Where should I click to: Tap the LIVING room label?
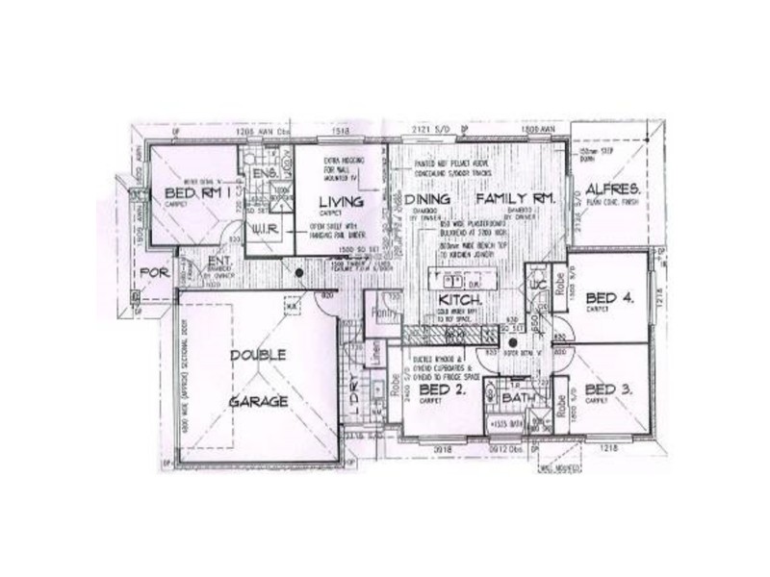pyautogui.click(x=338, y=200)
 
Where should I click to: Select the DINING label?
pyautogui.click(x=432, y=198)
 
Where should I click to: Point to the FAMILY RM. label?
pyautogui.click(x=516, y=198)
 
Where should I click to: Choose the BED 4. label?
pyautogui.click(x=609, y=298)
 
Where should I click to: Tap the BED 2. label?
pyautogui.click(x=444, y=390)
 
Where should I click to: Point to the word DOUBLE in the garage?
pyautogui.click(x=257, y=354)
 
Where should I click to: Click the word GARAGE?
pyautogui.click(x=257, y=400)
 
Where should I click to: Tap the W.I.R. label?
pyautogui.click(x=264, y=231)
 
